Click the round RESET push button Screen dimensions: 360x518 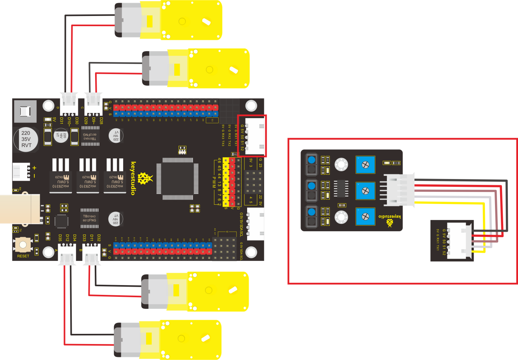click(x=23, y=245)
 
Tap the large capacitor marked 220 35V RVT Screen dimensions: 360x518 click(x=26, y=139)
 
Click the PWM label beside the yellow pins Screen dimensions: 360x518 click(x=214, y=181)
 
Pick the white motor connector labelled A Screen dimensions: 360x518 click(x=67, y=255)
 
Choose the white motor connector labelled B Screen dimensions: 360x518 click(x=92, y=255)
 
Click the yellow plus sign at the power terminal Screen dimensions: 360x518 click(x=34, y=168)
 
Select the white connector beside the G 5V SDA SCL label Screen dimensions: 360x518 click(x=256, y=224)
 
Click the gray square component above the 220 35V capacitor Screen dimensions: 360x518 click(x=25, y=112)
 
